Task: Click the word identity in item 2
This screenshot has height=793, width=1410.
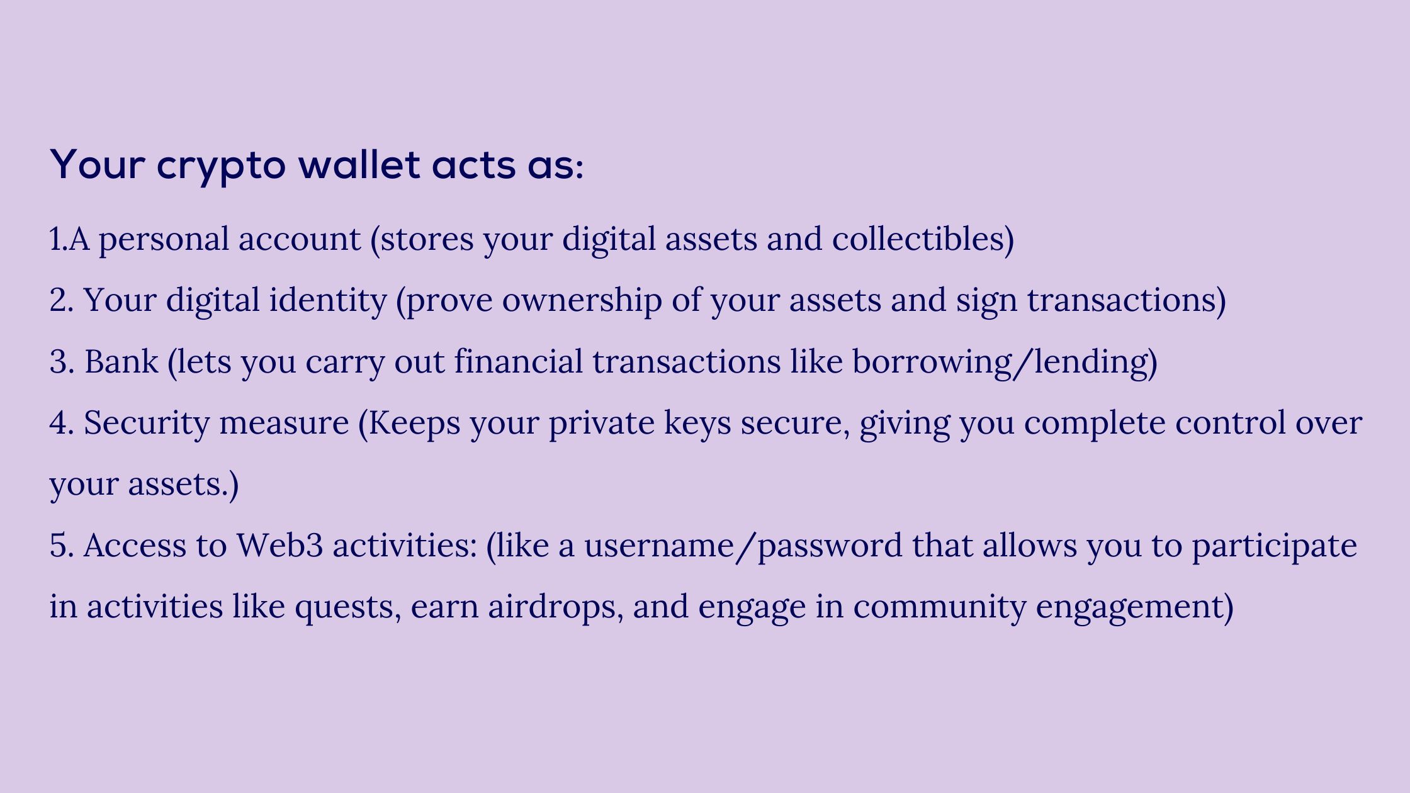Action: (328, 301)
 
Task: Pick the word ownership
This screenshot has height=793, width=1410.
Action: (582, 301)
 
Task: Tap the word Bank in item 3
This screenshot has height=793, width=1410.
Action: (121, 362)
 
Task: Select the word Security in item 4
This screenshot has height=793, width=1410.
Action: (147, 423)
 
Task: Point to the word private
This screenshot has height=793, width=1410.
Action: (602, 423)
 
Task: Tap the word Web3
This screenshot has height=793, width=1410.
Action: (279, 545)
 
